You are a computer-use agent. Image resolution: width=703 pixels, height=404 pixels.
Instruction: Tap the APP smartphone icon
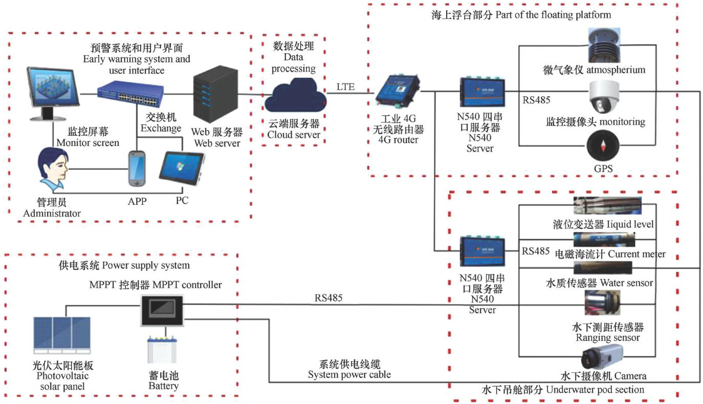(137, 169)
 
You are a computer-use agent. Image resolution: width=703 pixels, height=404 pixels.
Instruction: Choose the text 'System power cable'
(349, 374)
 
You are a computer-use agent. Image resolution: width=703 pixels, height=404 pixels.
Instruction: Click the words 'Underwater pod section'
(595, 390)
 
